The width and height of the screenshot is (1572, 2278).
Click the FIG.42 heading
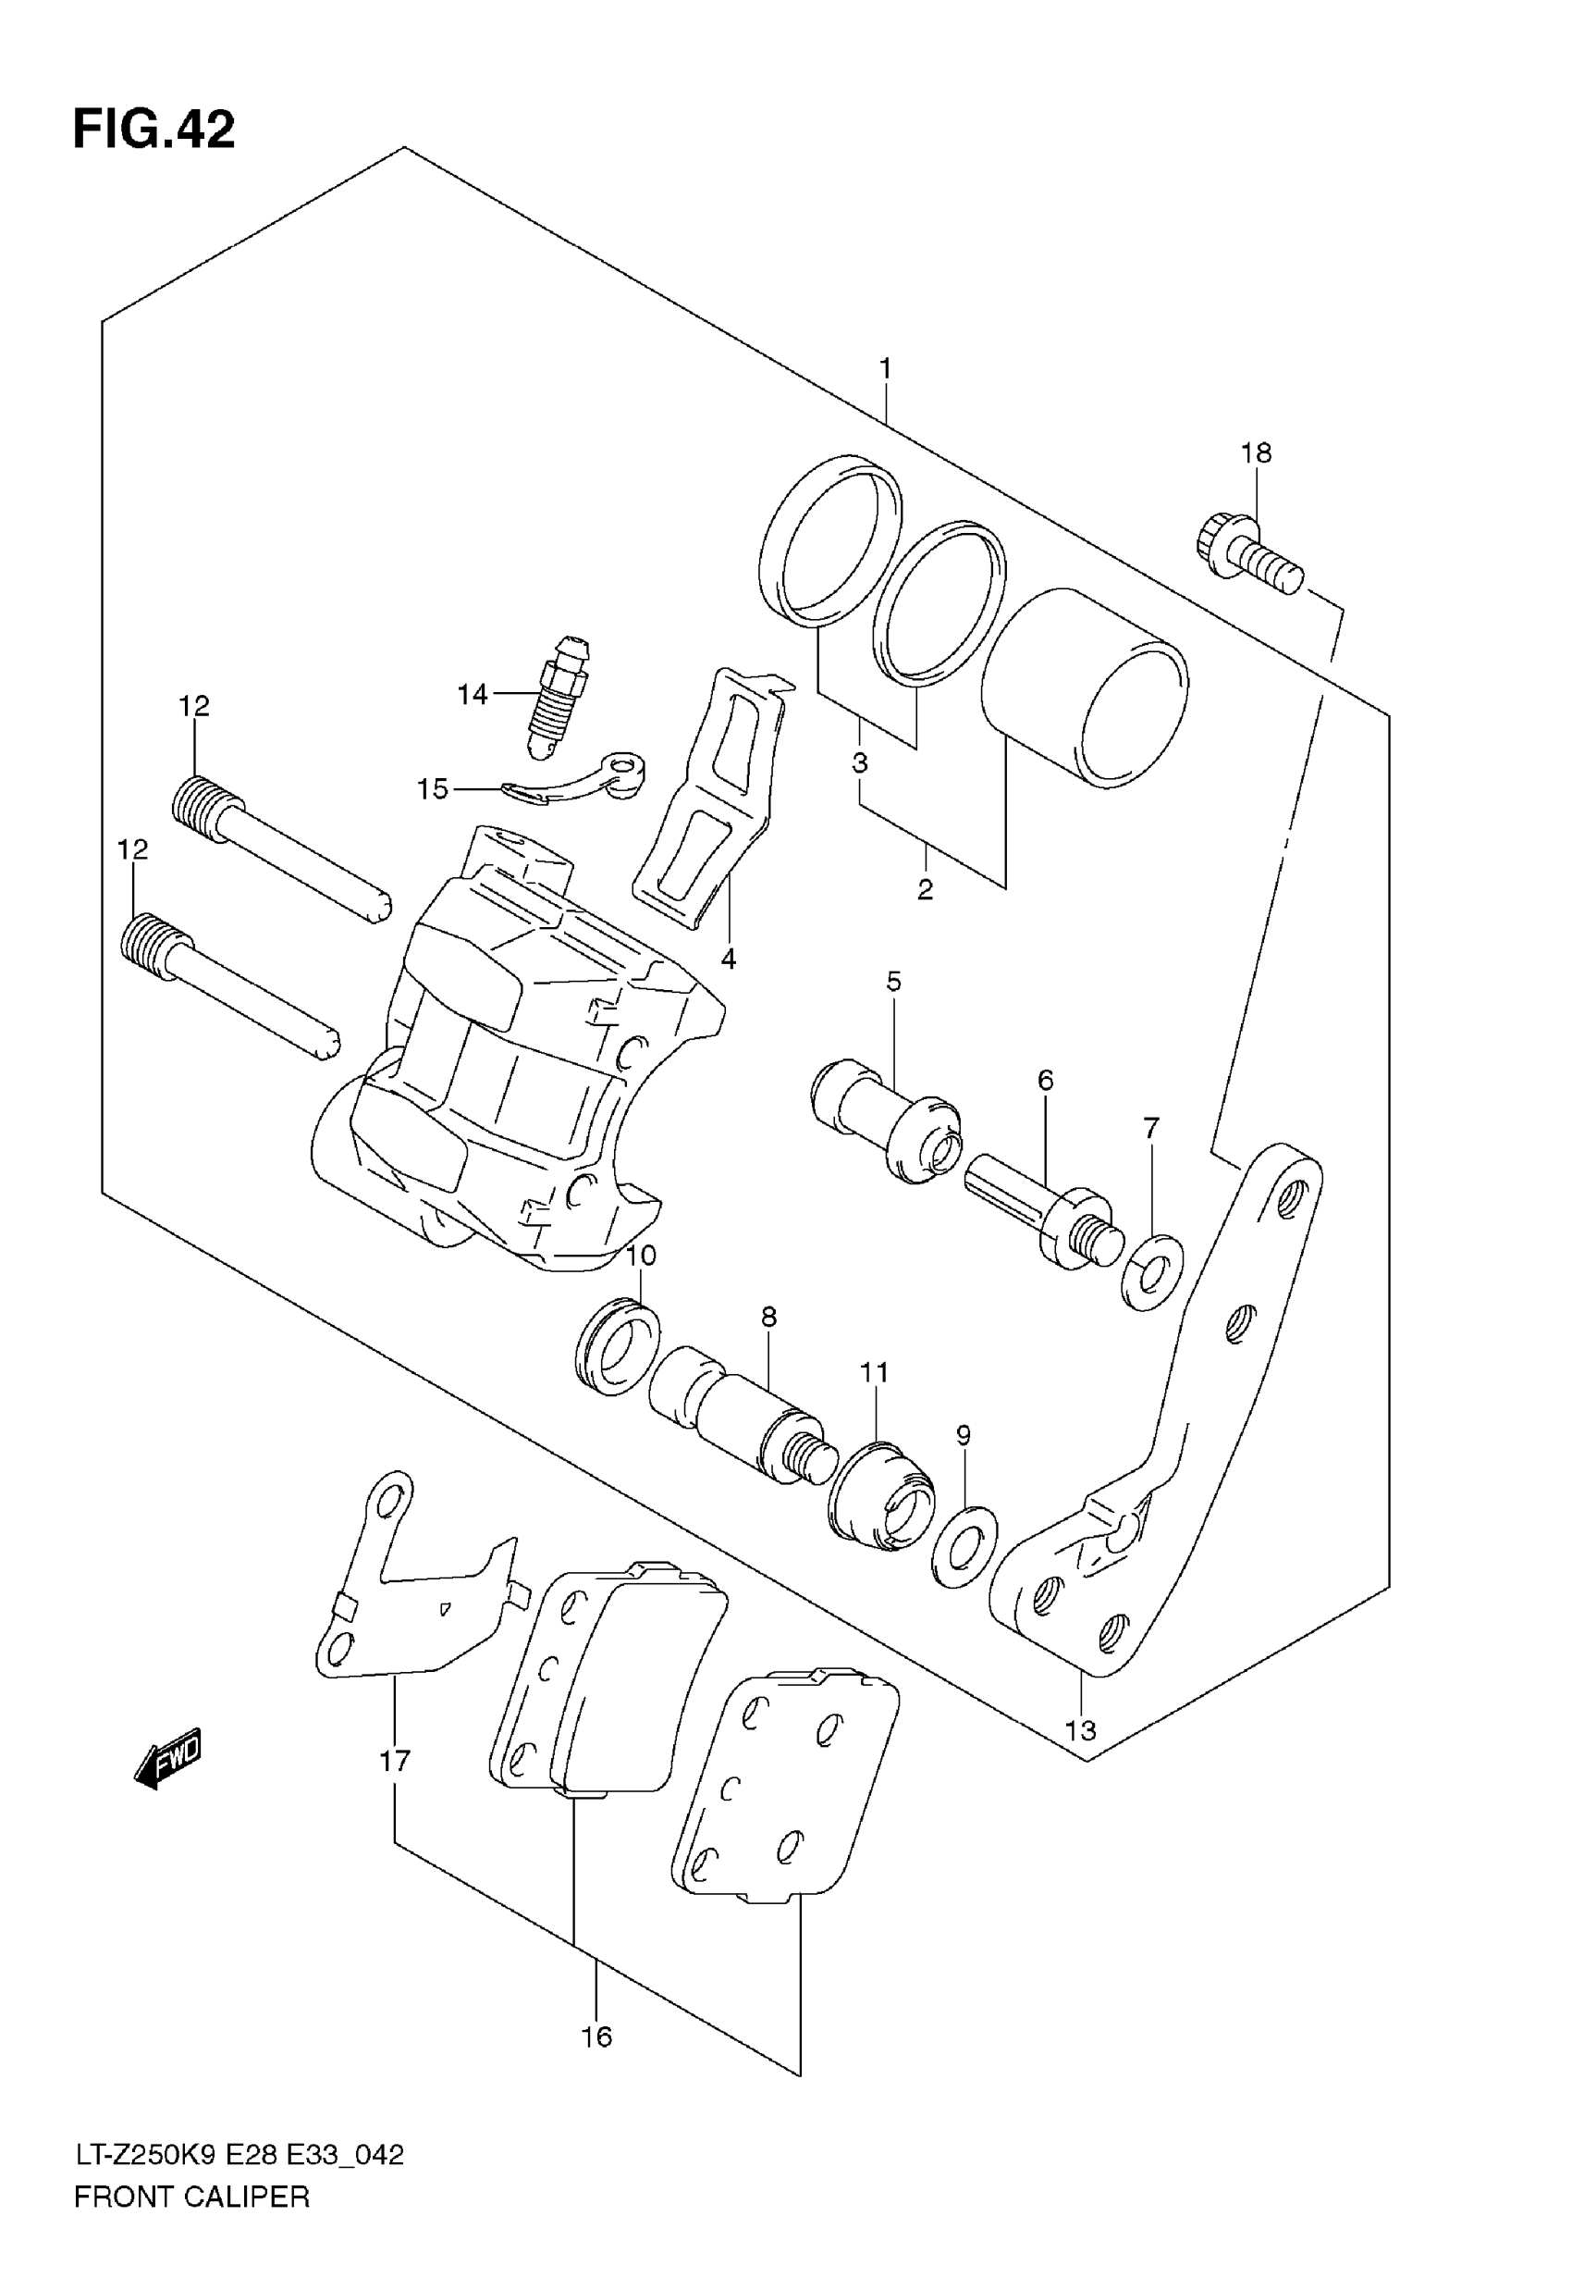(x=154, y=130)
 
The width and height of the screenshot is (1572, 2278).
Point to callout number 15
(x=433, y=789)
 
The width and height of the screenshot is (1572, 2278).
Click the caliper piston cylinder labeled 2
(x=1085, y=688)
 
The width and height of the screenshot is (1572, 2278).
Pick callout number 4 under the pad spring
(x=728, y=959)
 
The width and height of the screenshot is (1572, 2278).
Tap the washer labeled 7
(x=1153, y=1272)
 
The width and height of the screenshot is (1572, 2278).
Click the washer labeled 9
(x=964, y=1546)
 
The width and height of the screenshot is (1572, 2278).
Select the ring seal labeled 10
(x=616, y=1346)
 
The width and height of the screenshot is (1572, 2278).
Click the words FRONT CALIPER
(x=192, y=2197)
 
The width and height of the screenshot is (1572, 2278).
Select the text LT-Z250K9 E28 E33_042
(x=239, y=2155)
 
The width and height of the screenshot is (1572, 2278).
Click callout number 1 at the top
(x=886, y=369)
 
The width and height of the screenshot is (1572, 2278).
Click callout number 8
(x=769, y=1317)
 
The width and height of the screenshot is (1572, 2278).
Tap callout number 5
(x=893, y=982)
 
